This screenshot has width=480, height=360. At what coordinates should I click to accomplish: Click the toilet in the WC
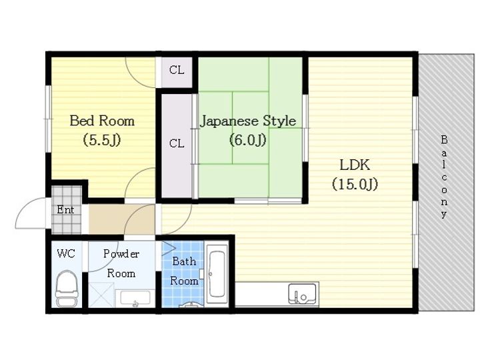click(67, 288)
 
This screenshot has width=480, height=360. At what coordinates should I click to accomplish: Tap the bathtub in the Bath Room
click(217, 274)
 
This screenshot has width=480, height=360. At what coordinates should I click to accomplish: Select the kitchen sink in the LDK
click(302, 293)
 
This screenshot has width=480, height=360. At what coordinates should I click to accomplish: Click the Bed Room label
click(102, 121)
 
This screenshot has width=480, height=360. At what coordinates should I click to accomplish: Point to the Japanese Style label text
click(248, 121)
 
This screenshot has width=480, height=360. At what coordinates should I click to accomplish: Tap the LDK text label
click(355, 165)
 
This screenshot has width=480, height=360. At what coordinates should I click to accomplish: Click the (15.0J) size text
click(355, 184)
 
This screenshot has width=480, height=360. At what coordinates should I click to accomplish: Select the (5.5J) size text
click(102, 140)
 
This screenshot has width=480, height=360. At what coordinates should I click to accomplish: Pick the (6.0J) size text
click(248, 140)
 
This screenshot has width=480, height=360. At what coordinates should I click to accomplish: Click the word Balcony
click(444, 177)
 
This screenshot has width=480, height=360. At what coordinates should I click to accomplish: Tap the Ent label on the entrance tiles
click(65, 210)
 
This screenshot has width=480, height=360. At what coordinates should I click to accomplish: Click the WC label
click(66, 253)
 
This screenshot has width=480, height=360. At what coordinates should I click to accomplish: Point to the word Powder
click(121, 254)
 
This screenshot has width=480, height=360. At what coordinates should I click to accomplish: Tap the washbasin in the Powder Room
click(135, 298)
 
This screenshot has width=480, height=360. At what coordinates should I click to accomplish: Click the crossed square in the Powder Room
click(101, 295)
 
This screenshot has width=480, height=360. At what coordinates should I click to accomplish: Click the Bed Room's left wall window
click(49, 119)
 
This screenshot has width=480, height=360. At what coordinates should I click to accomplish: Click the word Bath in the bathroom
click(184, 261)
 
